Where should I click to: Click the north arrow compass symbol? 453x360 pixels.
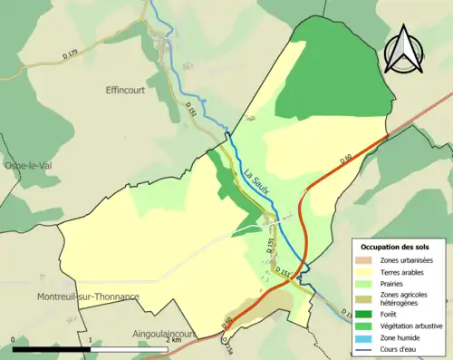click(x=405, y=47)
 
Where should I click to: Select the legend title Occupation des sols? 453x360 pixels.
click(x=395, y=247)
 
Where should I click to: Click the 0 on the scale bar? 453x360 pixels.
click(x=14, y=341)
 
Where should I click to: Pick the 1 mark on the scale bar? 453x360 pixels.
click(x=91, y=341)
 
